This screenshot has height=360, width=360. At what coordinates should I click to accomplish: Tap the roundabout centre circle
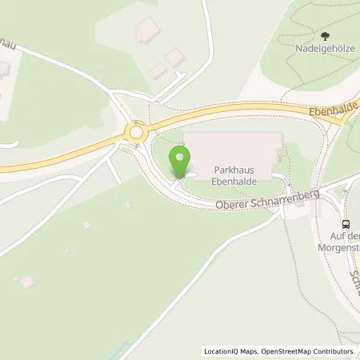click(x=137, y=133)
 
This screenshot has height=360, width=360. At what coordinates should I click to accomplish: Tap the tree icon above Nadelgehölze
click(x=324, y=35)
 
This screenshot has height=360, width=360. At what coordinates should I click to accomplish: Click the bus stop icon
click(x=346, y=224)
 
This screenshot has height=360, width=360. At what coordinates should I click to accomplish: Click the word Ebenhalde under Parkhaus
click(x=233, y=181)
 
